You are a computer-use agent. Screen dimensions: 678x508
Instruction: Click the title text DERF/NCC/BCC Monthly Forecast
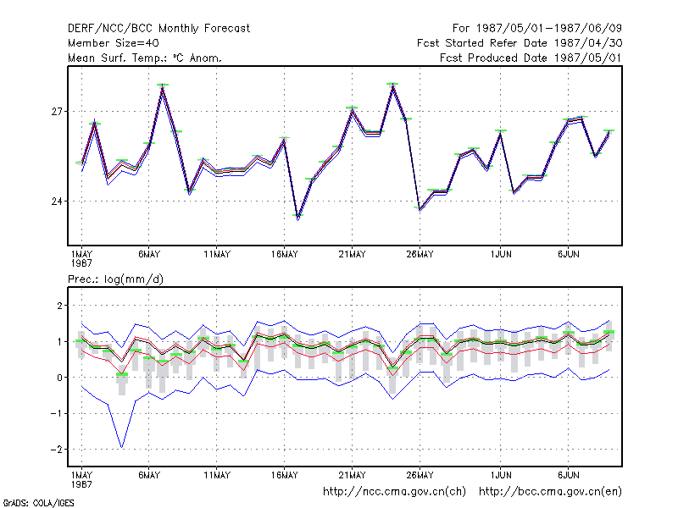point(158,29)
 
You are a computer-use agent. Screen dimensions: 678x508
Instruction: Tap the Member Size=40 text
point(114,43)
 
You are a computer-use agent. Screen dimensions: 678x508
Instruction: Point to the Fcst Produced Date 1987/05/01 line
point(531,58)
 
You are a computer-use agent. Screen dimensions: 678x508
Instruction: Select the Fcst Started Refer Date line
point(520,43)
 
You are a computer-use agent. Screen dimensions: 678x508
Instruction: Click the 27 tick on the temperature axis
point(57,112)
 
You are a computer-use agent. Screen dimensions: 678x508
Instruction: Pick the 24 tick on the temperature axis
point(57,202)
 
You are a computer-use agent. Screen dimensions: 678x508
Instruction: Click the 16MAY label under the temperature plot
point(285,255)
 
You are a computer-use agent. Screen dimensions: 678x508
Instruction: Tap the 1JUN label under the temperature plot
point(501,255)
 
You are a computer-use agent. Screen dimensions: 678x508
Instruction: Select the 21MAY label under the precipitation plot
point(352,475)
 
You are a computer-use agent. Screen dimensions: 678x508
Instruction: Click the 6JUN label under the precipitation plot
point(568,475)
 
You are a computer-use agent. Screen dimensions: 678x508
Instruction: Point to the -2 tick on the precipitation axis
point(56,450)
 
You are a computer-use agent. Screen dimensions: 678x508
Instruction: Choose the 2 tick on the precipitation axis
point(59,306)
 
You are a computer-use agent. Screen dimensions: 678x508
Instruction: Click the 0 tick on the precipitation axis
point(59,378)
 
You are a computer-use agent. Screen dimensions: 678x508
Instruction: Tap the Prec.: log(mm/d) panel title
point(115,279)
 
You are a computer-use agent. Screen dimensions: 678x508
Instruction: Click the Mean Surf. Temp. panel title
point(145,58)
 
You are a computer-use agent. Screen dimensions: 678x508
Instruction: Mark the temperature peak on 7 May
point(163,86)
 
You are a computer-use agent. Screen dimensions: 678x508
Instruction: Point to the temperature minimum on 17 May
point(298,218)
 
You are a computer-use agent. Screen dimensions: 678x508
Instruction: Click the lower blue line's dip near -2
point(122,447)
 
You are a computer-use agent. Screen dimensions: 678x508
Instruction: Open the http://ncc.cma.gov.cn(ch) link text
point(394,492)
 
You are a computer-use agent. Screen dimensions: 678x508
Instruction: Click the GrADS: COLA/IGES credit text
point(38,503)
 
